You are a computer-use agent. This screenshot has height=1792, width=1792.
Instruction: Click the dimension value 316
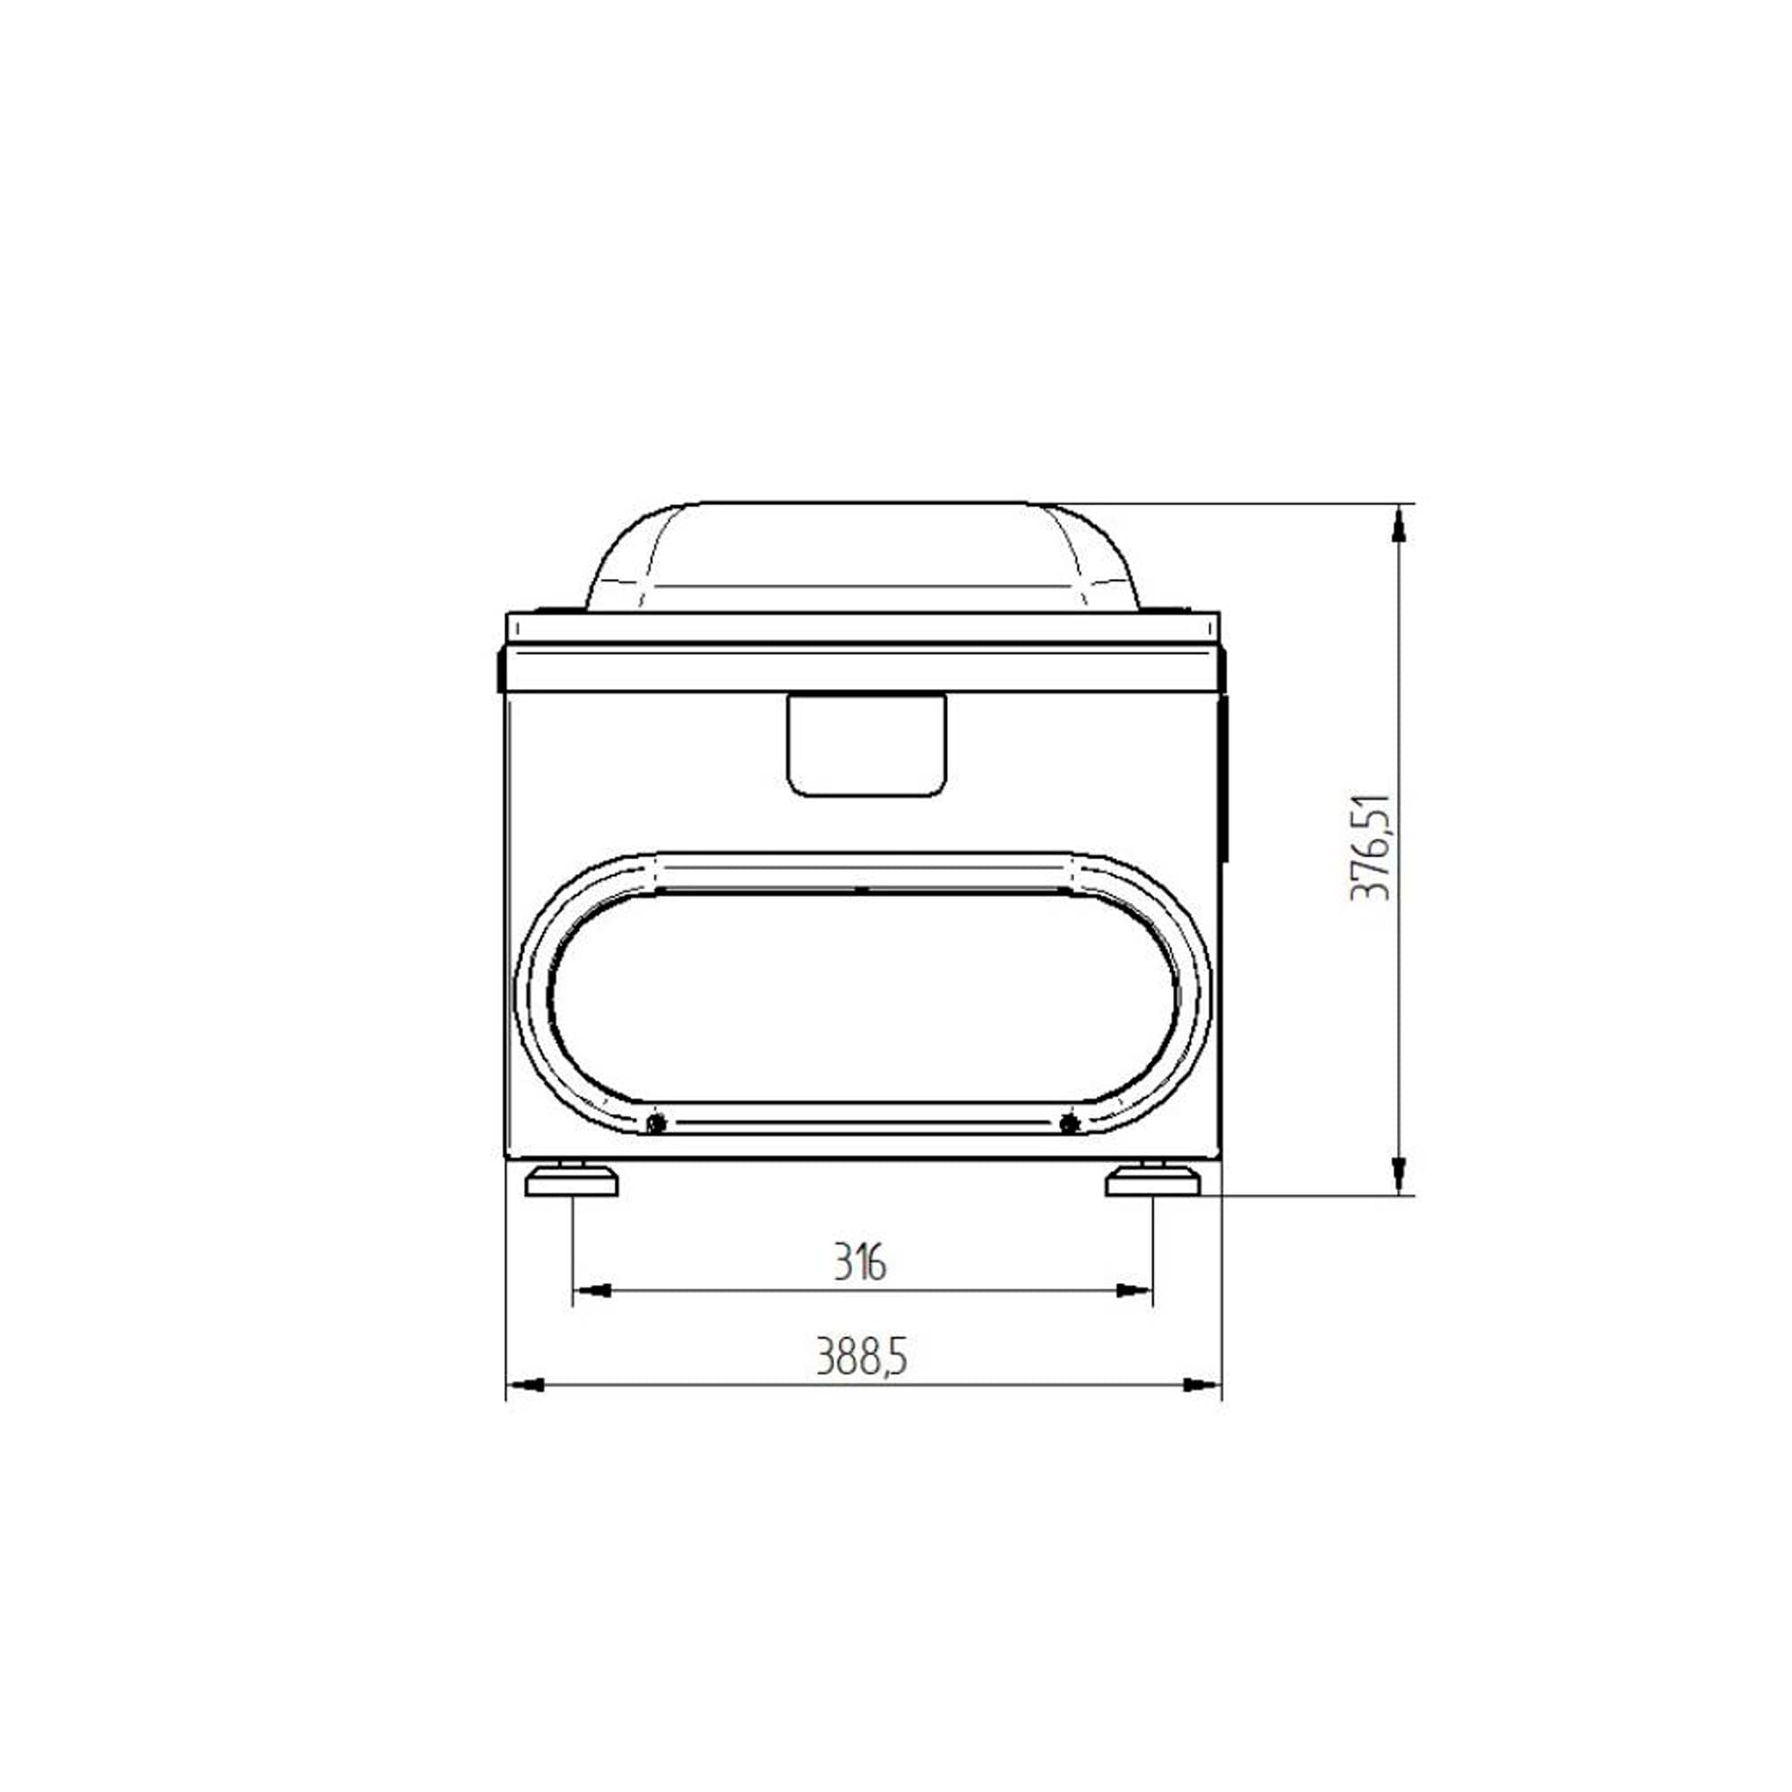pos(860,1262)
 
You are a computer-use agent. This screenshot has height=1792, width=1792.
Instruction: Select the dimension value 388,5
pos(861,1357)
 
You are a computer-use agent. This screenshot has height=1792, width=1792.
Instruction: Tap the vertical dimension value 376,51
pos(1370,847)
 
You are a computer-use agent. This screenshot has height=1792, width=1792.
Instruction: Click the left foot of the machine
pos(572,1183)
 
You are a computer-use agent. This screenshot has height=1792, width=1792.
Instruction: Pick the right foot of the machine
pos(1153,1183)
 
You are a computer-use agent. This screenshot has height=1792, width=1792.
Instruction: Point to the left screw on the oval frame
pos(657,1124)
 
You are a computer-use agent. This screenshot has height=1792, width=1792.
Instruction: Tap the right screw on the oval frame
pos(1069,1124)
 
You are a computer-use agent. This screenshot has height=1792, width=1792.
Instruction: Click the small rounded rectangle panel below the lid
pos(866,745)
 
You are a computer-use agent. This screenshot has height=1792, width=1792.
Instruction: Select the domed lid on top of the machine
pos(863,556)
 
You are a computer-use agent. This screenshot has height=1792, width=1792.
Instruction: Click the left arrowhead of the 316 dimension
pos(590,1290)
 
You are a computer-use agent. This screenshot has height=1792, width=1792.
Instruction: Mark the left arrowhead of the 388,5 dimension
pos(526,1385)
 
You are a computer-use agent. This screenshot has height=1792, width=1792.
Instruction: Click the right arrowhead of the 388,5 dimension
pos(1202,1385)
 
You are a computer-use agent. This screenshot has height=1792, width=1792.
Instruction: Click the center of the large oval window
pos(863,997)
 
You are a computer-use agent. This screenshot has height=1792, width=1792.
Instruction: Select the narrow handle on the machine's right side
pos(1223,780)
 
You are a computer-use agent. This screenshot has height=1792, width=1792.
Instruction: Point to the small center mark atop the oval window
pos(863,890)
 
